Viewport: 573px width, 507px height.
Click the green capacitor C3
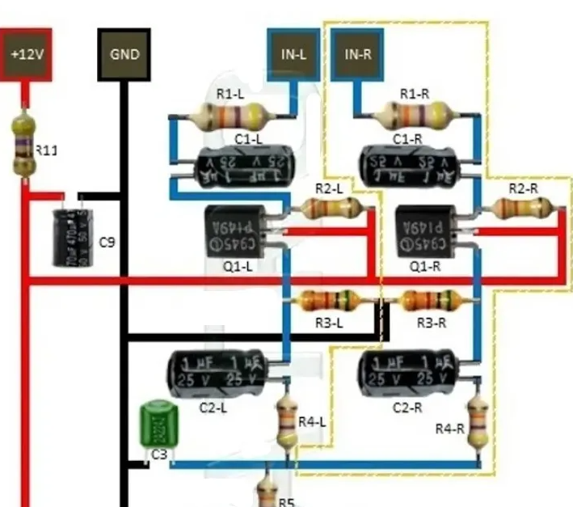(x=155, y=424)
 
